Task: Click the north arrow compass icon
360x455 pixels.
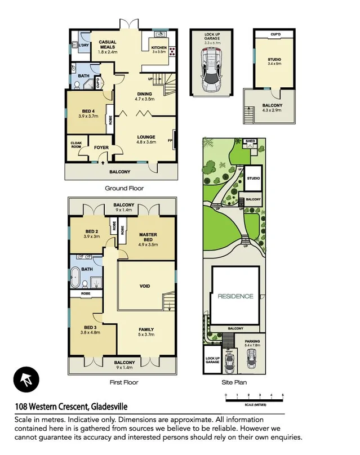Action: (x=26, y=381)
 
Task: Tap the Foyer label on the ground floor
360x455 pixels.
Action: (x=101, y=148)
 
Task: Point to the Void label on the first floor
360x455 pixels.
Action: (x=145, y=286)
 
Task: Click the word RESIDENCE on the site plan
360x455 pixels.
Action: (x=235, y=296)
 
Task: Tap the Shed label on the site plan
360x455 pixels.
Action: (x=251, y=141)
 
